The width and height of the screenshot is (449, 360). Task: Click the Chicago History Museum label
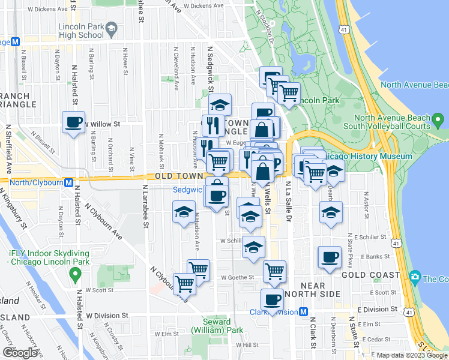point(368,157)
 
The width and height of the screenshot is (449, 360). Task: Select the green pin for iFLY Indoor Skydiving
point(76,275)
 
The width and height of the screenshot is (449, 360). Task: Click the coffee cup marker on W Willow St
point(74,122)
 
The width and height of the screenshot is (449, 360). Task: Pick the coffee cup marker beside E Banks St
point(329,257)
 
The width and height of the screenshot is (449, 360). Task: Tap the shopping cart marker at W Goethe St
point(274,271)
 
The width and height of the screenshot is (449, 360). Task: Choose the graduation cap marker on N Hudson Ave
point(184,212)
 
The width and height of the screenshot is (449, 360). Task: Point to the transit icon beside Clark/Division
point(304,311)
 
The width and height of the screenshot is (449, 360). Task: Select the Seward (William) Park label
point(208,326)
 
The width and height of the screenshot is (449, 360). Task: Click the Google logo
point(20,352)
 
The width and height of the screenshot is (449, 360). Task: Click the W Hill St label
point(247,345)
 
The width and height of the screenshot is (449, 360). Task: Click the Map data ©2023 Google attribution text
point(411,355)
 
